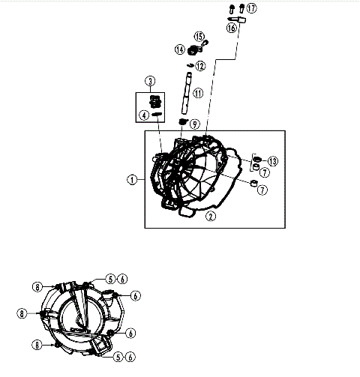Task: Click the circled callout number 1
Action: (132, 179)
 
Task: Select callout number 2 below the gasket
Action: (211, 217)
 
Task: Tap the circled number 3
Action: (150, 80)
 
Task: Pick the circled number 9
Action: (194, 124)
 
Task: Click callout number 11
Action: (197, 94)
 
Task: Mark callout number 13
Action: (273, 161)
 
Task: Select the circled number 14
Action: (180, 49)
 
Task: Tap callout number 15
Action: (199, 36)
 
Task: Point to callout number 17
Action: (250, 8)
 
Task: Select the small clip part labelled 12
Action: (190, 66)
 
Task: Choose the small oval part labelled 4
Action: (157, 115)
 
